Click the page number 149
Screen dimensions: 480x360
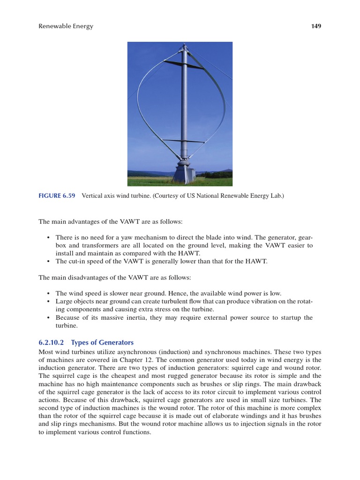[x=316, y=26]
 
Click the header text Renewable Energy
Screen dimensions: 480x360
[x=66, y=26]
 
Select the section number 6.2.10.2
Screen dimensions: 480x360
[x=53, y=342]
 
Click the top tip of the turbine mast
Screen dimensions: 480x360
[x=185, y=45]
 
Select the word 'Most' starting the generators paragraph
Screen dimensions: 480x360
[x=45, y=351]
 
